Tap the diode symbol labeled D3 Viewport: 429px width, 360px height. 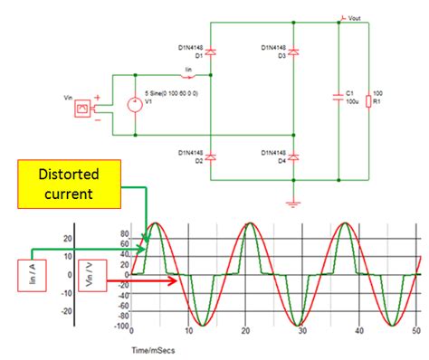[x=292, y=53]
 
